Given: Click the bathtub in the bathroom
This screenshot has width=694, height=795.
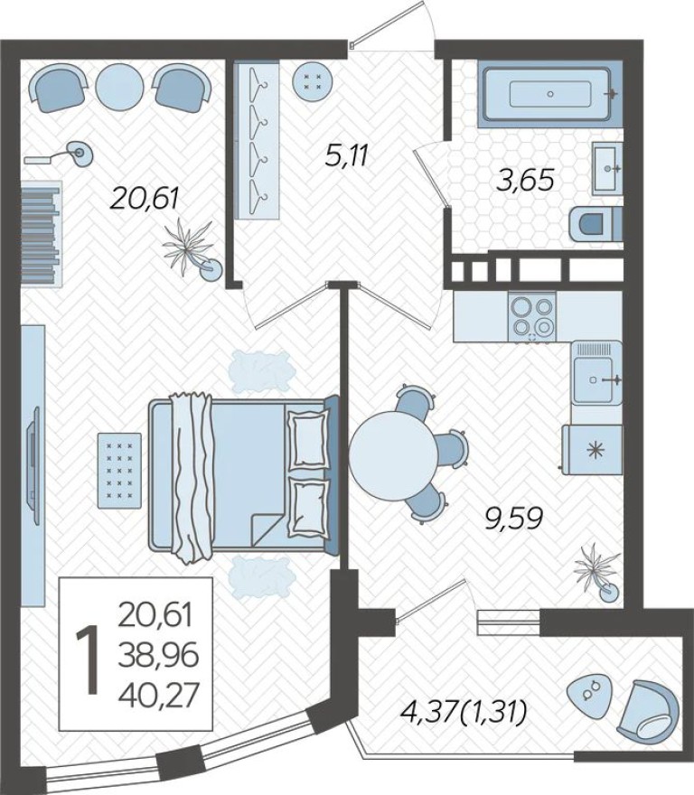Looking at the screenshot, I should click(549, 93).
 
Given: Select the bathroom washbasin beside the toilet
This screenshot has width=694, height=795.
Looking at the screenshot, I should click(606, 168).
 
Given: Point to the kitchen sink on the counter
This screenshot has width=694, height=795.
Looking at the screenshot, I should click(596, 379).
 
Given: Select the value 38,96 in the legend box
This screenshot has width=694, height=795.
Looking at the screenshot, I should click(158, 652).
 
